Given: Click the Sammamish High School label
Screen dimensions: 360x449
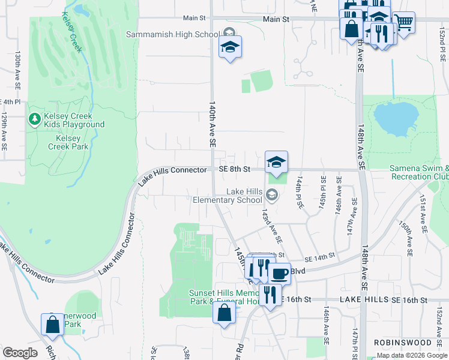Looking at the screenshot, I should pos(172,34).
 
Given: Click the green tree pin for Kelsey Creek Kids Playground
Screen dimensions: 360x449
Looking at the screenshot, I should pos(35,119).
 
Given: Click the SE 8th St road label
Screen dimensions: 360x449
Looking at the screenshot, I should pos(234,170).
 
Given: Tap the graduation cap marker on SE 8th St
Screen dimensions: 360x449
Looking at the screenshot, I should pos(276,162).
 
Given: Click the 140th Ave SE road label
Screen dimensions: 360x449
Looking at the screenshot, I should pos(212,124).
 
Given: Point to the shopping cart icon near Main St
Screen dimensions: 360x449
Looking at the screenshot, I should pos(404,23).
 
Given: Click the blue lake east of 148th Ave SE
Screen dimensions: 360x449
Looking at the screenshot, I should pos(394,118).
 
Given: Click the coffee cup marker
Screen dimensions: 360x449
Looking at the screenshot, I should pos(279,274).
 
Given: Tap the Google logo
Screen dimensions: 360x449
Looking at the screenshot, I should pos(20,353).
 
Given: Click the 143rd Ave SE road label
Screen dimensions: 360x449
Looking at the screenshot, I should pos(271,226).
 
